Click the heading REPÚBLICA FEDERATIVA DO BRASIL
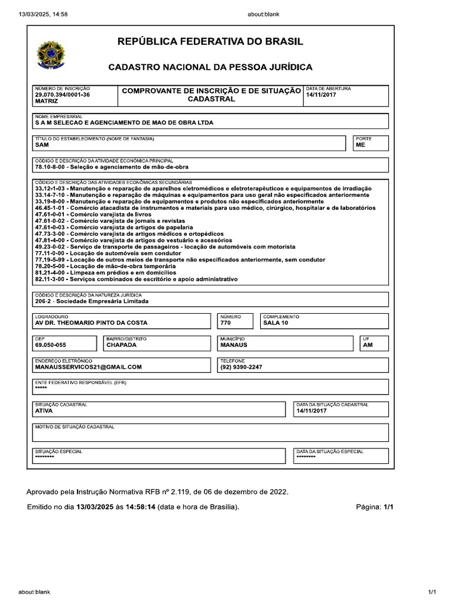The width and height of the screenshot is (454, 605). (210, 41)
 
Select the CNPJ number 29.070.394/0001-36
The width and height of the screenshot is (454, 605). (62, 95)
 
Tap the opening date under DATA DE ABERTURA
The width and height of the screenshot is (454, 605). (320, 95)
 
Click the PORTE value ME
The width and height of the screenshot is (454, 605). (361, 144)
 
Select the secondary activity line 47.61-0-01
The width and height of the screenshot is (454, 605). (93, 214)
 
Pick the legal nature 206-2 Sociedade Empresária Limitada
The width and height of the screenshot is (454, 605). (92, 301)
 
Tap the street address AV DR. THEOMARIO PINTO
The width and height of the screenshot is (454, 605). (91, 323)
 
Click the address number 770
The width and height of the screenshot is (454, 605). (225, 323)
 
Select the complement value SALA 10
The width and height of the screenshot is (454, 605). (275, 323)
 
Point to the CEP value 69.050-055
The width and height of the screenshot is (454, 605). (50, 344)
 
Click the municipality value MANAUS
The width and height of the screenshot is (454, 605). (234, 344)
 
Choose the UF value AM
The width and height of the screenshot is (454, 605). (368, 344)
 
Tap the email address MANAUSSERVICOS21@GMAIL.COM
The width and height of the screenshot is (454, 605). (89, 366)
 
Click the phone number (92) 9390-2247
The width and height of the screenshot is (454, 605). (241, 366)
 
